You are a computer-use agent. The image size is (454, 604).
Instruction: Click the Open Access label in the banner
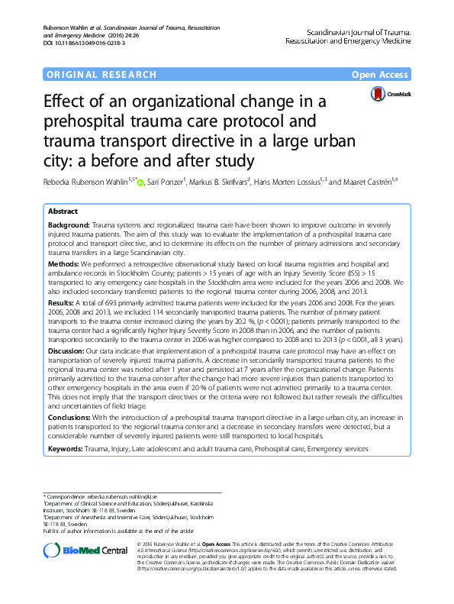pyautogui.click(x=381, y=74)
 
